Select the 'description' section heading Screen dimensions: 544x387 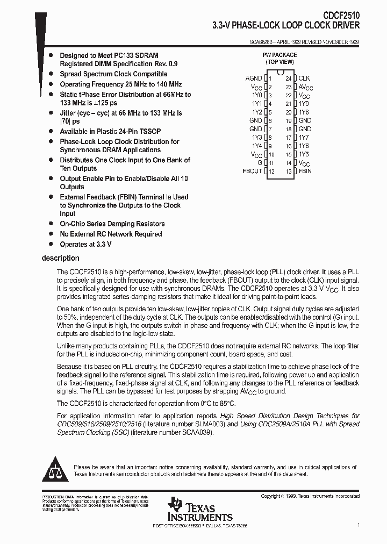coord(60,259)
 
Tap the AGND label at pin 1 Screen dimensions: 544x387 coord(254,78)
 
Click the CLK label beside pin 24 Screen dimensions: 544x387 coord(304,78)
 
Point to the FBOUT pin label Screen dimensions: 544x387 coord(253,171)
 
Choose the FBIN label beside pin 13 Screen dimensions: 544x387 coord(305,171)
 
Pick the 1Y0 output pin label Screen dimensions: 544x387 coord(256,95)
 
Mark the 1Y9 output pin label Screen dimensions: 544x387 coord(304,104)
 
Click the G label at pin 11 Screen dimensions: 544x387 coord(260,162)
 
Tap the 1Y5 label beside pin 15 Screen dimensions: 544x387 coord(304,154)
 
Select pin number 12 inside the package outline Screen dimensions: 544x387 coord(271,172)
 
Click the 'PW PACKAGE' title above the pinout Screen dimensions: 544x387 coord(279,55)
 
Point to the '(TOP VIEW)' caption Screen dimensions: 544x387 coord(279,62)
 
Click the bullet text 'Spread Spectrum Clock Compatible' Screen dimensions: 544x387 coord(113,74)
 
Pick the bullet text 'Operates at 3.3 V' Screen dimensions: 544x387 coord(85,244)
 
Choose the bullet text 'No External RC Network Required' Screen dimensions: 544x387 coord(111,234)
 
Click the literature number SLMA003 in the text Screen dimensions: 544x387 coord(196,424)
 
